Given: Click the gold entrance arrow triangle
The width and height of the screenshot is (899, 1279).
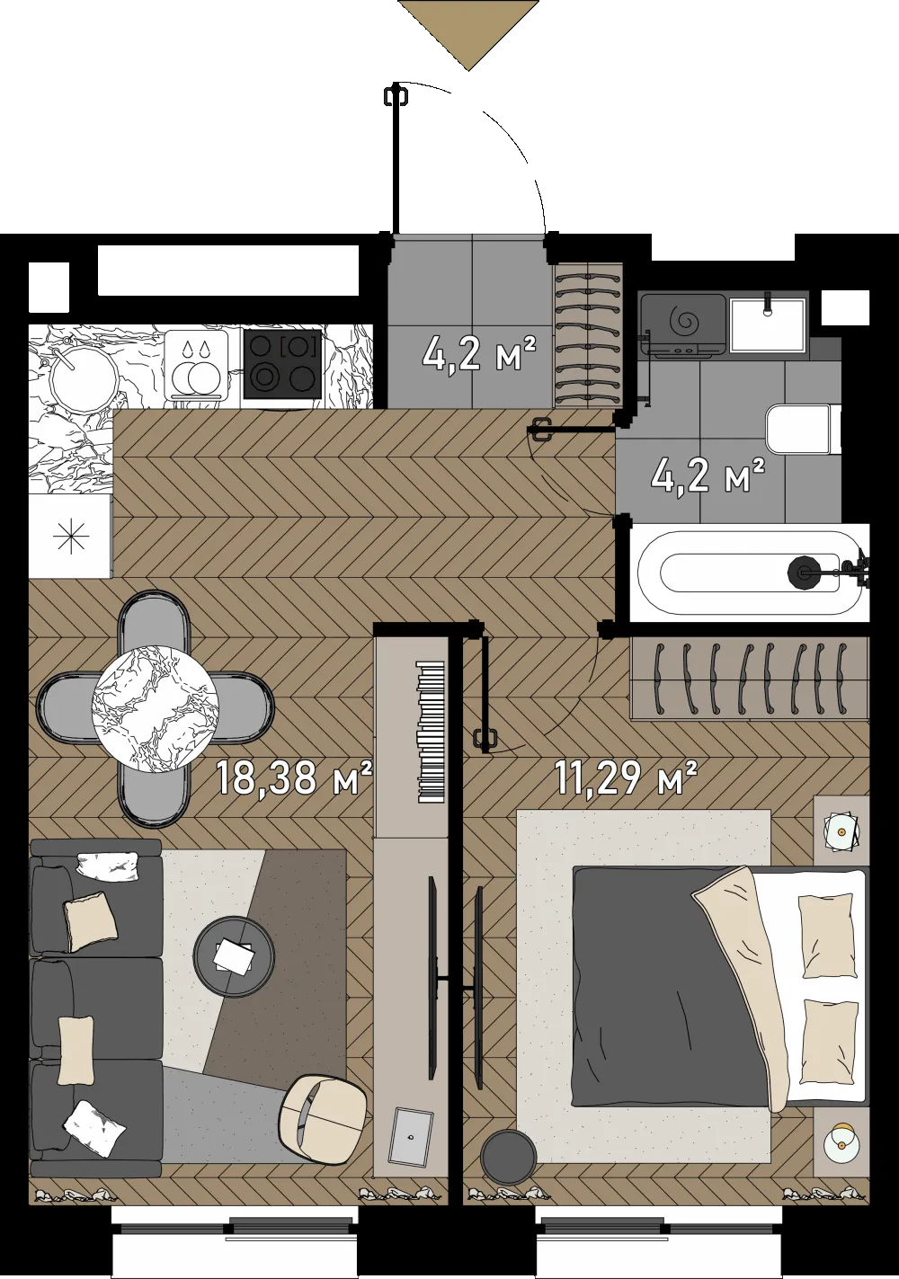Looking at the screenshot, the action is (x=468, y=29).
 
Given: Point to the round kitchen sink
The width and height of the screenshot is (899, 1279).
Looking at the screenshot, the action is (x=84, y=377).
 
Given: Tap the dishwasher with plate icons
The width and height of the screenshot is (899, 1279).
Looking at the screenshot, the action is (x=196, y=366).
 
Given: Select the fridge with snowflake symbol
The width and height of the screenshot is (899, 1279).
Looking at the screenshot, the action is (x=70, y=537).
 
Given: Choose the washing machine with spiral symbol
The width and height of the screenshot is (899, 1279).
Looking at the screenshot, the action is (x=683, y=325).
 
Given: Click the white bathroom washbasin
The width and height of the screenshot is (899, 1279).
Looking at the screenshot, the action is (x=767, y=322).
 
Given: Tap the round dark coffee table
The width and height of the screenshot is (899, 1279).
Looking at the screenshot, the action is (x=234, y=956).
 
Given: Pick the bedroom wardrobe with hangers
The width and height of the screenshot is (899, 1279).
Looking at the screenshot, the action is (x=749, y=678).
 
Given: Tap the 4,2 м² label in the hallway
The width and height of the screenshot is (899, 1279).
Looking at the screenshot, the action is (x=480, y=353).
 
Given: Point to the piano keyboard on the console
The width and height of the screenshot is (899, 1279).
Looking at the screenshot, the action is (x=432, y=733).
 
